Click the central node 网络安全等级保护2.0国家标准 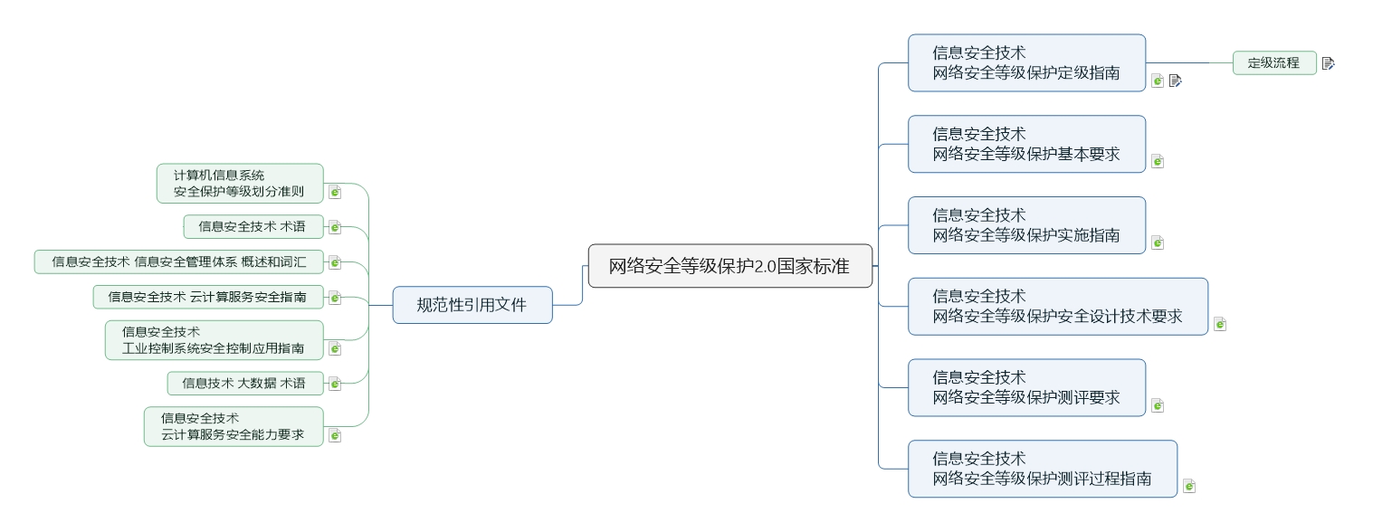click(x=729, y=266)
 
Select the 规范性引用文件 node click(x=472, y=305)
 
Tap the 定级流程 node click(x=1273, y=62)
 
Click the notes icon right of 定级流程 click(x=1328, y=63)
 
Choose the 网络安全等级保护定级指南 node click(x=1026, y=63)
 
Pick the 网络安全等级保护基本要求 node click(x=1026, y=144)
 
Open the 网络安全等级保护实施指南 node click(x=1026, y=225)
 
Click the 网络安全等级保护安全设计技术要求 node click(x=1057, y=307)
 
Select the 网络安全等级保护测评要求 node click(x=1026, y=387)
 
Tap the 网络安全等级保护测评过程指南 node click(x=1042, y=469)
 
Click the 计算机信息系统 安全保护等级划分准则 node click(x=239, y=183)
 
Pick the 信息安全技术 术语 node click(x=253, y=226)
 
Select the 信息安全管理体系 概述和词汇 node click(x=178, y=262)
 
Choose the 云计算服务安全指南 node click(x=207, y=297)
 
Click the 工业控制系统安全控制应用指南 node click(x=214, y=340)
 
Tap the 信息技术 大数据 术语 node click(x=244, y=384)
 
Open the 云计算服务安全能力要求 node click(x=233, y=426)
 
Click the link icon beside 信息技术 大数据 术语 click(x=335, y=384)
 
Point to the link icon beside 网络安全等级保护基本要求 click(x=1157, y=161)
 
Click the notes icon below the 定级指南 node click(x=1176, y=81)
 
